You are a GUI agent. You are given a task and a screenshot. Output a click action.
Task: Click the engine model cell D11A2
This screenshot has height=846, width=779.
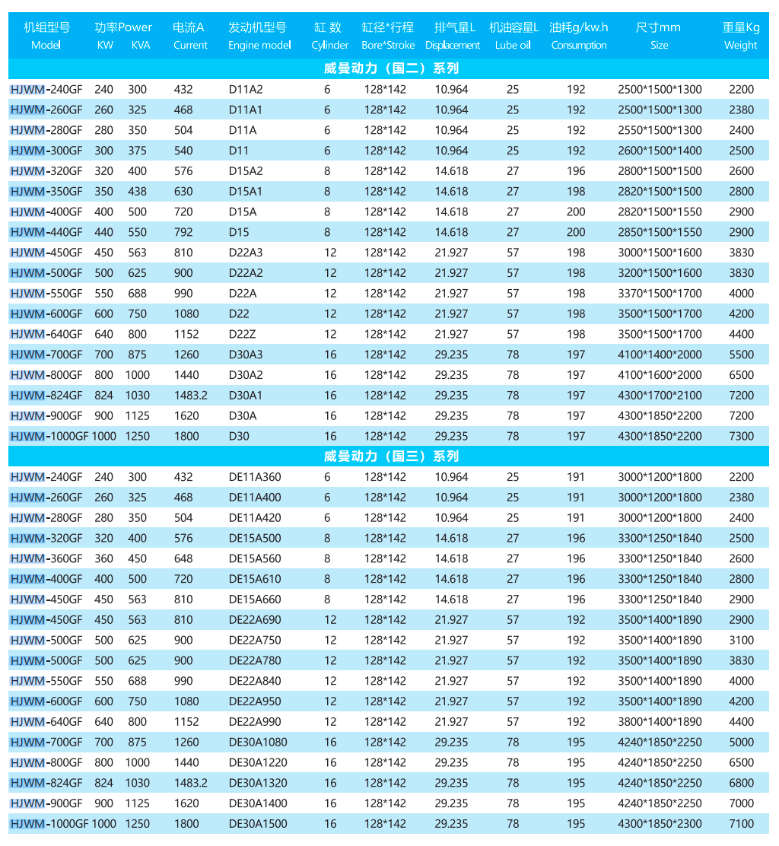245,89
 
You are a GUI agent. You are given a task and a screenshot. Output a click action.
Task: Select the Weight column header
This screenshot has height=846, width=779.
740,36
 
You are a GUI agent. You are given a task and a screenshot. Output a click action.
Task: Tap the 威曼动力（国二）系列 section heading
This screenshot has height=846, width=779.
391,68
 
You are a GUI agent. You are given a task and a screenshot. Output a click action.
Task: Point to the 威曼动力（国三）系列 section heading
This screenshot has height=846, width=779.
391,456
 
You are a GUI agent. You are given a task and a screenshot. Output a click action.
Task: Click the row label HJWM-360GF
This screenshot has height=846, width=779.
46,558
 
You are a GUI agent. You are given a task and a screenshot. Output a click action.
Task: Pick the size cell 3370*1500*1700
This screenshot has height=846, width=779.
660,293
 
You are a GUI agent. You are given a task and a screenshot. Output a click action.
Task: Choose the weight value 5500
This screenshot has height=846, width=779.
741,355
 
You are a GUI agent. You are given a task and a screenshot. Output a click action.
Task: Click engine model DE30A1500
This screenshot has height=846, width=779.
258,823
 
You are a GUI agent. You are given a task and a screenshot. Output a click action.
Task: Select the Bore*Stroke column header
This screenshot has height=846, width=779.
388,36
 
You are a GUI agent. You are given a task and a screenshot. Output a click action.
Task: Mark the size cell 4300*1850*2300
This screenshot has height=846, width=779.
660,823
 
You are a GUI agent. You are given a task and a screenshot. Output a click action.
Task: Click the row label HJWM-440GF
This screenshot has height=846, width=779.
46,232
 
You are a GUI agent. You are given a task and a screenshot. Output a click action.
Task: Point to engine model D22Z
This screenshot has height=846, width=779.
243,334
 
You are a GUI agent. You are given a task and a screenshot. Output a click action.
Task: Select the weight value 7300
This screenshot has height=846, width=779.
741,436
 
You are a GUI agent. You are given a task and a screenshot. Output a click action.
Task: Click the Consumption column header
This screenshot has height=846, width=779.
579,36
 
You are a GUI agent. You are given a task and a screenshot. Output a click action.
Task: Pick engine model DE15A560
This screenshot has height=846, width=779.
255,558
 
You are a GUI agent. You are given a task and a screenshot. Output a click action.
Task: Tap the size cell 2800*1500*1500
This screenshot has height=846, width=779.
660,171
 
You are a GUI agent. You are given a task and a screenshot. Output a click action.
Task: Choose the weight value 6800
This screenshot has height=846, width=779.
741,783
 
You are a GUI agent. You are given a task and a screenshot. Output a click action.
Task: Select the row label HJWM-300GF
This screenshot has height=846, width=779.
46,151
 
